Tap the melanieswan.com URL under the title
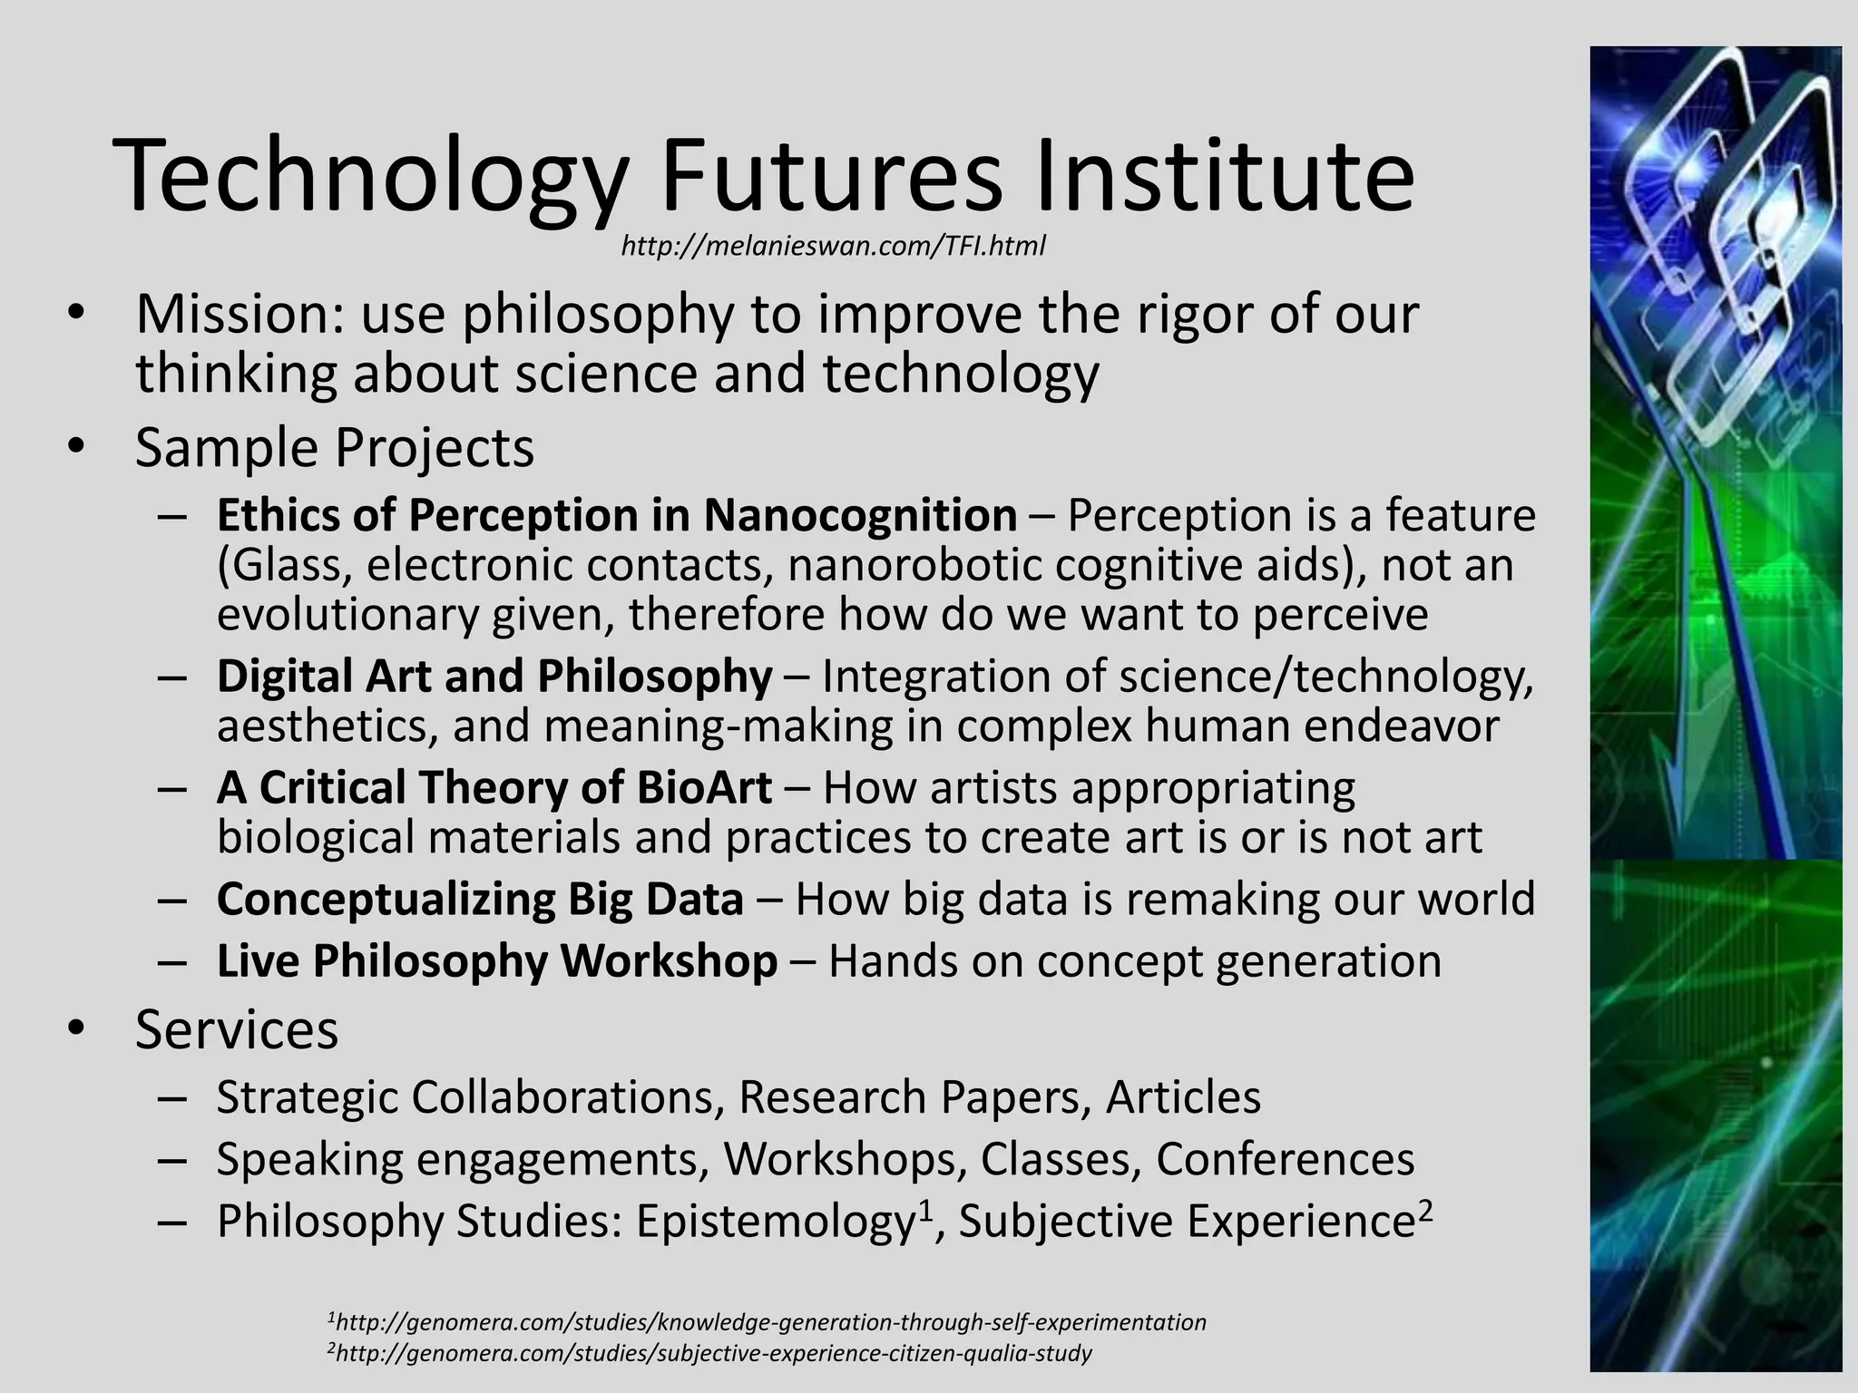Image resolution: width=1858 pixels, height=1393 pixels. tap(833, 246)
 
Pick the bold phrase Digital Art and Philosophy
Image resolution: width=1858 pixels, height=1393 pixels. tap(494, 677)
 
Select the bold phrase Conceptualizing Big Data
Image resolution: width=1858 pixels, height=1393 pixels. tap(480, 899)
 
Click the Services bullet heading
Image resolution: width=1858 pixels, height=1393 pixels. tap(237, 1029)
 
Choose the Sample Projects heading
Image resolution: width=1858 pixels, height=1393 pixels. tap(335, 448)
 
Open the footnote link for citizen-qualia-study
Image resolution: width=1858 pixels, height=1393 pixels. tap(712, 1354)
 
